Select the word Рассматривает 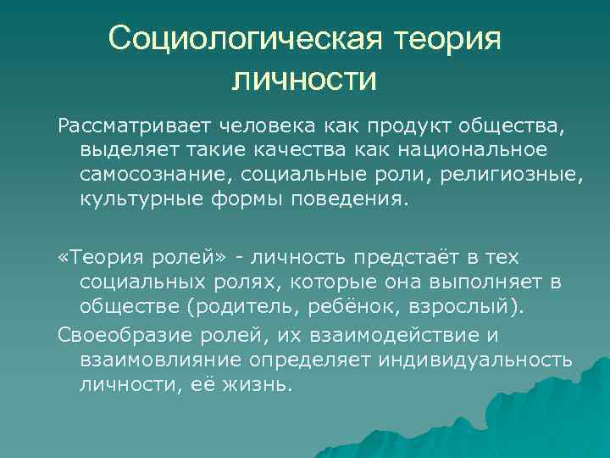click(136, 128)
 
